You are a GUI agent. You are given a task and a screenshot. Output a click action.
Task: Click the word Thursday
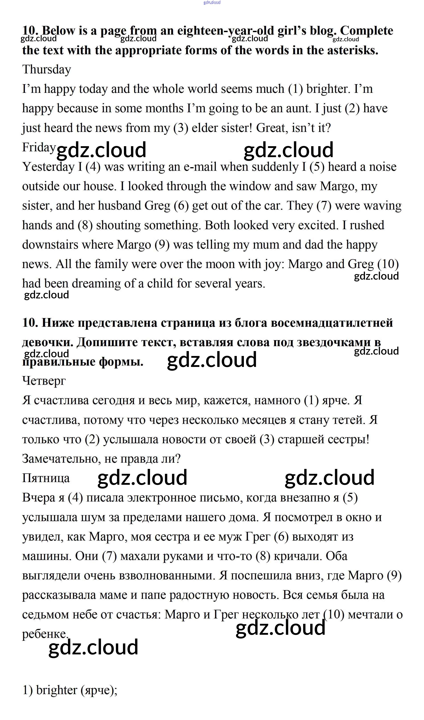tap(47, 69)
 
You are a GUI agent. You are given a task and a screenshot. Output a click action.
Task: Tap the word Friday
tap(39, 147)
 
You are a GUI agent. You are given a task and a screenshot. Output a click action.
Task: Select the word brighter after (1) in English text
tap(328, 89)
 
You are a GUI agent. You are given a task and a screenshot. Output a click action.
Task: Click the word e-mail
tap(200, 167)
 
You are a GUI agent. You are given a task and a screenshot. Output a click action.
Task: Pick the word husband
tap(120, 206)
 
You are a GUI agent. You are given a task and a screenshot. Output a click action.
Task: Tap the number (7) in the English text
tap(324, 206)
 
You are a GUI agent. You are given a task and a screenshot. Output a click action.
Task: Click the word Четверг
tap(44, 381)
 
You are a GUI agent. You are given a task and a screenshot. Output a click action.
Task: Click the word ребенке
tap(45, 634)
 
